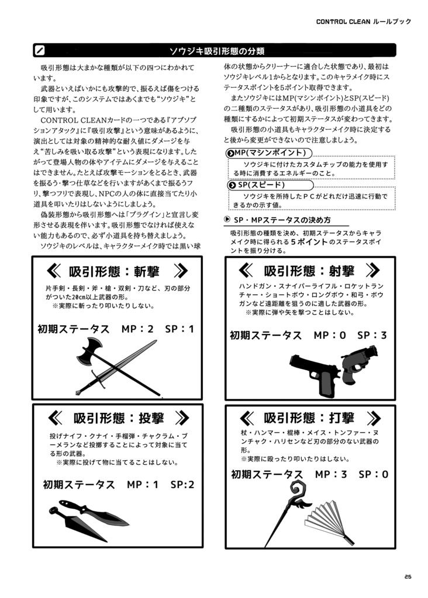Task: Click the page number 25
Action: [x=407, y=577]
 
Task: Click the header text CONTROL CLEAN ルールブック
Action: [x=363, y=22]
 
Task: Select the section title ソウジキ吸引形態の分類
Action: [x=217, y=50]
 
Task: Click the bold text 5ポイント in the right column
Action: [x=309, y=242]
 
